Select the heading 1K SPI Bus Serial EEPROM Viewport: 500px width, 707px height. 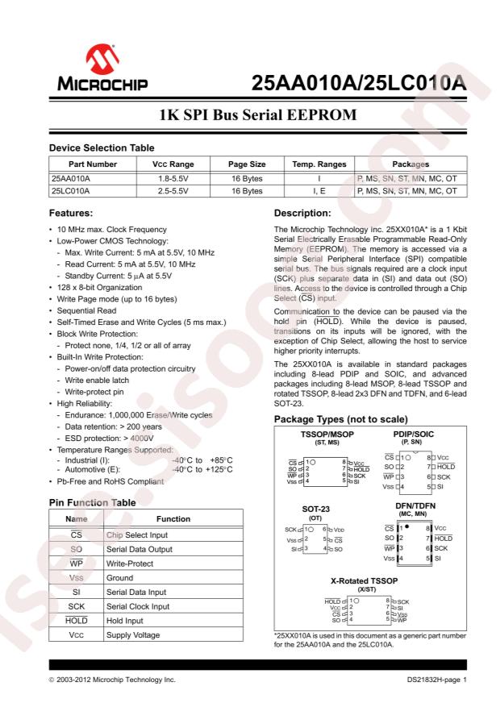coord(250,115)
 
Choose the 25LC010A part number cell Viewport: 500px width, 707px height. coord(71,191)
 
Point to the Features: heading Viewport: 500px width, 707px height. coord(77,214)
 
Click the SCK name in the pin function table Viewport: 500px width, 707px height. coord(77,606)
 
